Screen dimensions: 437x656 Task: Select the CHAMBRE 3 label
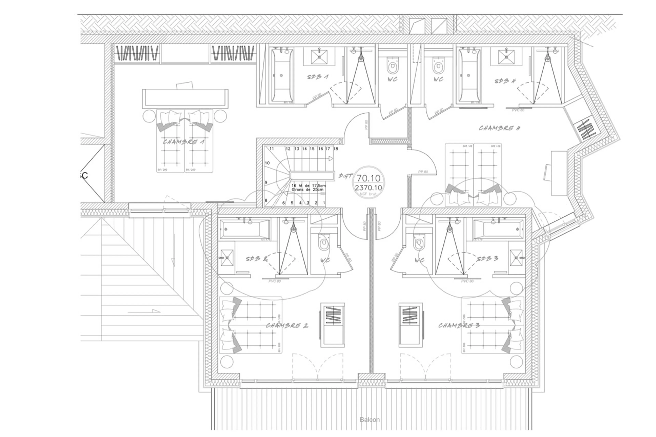(459, 325)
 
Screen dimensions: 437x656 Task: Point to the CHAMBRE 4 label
(500, 128)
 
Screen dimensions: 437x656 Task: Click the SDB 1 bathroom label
(318, 77)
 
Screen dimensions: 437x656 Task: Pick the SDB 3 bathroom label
(487, 259)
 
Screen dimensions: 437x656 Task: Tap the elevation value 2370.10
(368, 188)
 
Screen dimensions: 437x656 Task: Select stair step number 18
(336, 149)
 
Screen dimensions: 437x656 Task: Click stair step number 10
(267, 163)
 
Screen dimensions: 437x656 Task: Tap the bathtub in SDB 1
(282, 75)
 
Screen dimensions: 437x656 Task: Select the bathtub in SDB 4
(469, 75)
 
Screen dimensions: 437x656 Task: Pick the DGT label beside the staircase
(345, 176)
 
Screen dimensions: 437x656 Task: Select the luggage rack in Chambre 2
(332, 325)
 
